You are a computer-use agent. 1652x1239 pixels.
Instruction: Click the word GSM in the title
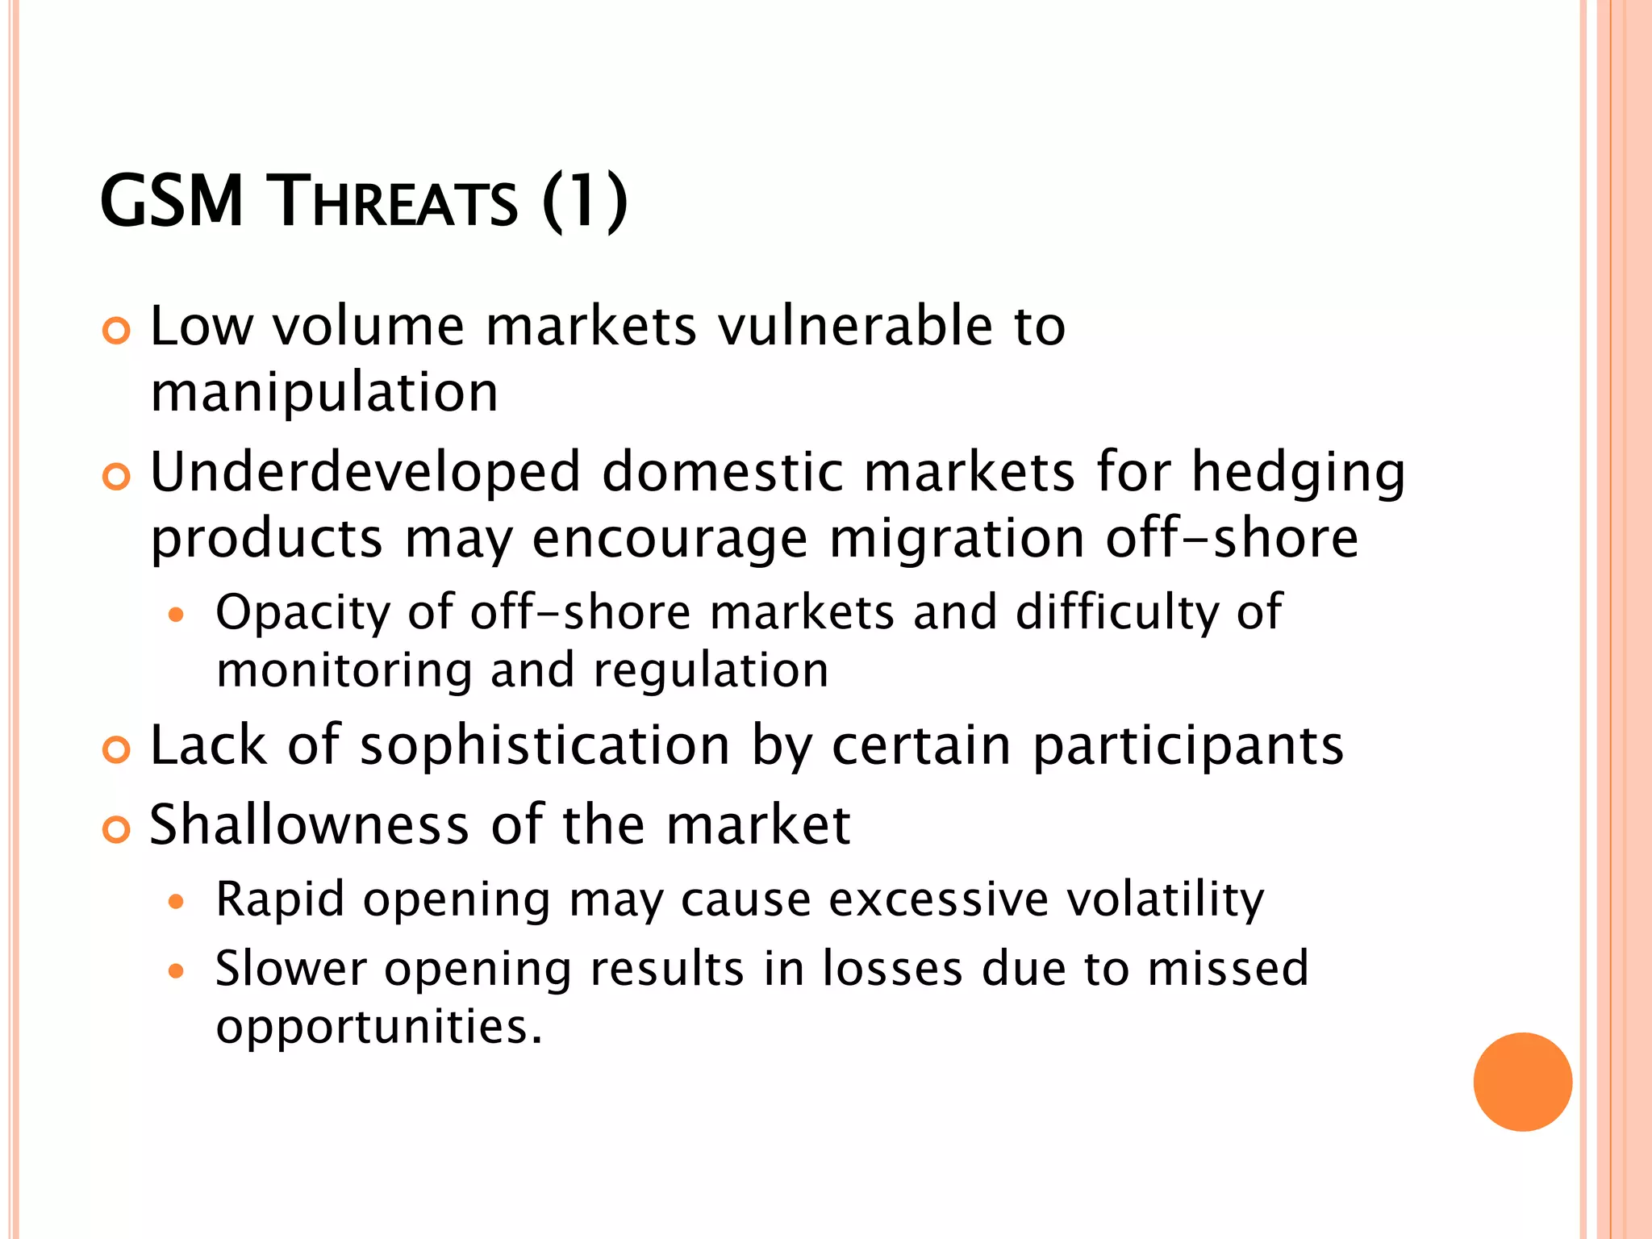[x=171, y=202]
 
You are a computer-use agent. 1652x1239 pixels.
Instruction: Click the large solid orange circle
[x=1522, y=1082]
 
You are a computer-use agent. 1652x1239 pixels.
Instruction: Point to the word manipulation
[x=324, y=393]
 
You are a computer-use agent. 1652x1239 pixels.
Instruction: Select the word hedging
[x=1299, y=474]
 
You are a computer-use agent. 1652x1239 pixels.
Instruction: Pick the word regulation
[x=711, y=670]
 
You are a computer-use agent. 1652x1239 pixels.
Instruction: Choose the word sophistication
[x=545, y=746]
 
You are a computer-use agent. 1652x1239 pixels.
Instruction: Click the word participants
[x=1188, y=746]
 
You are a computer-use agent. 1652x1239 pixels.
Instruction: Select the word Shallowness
[x=310, y=825]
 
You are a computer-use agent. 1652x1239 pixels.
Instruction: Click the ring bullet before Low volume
[x=117, y=332]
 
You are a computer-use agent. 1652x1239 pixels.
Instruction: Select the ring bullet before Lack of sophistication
[x=117, y=751]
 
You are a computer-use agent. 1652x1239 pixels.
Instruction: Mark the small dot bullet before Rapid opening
[x=176, y=901]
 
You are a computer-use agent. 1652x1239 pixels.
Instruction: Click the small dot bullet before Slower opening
[x=176, y=970]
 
